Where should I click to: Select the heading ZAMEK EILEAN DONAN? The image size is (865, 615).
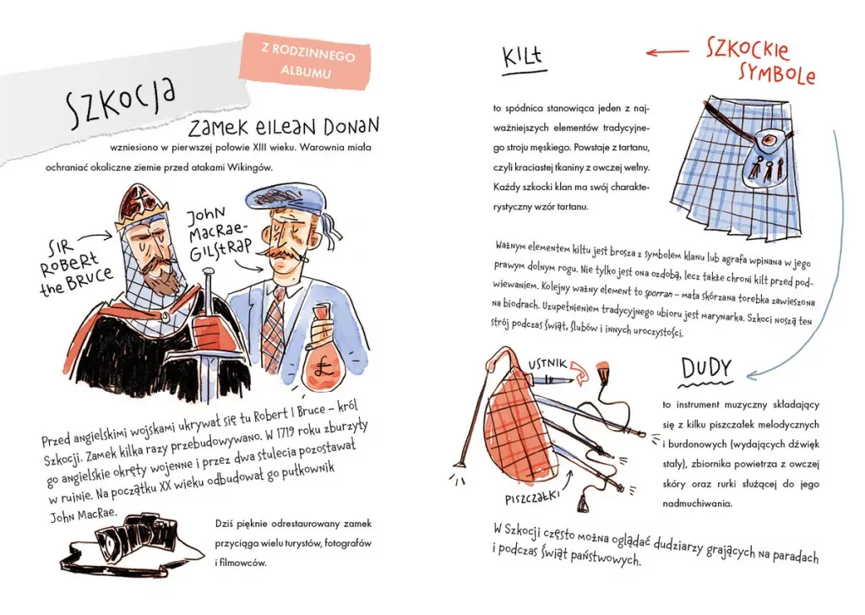pyautogui.click(x=284, y=127)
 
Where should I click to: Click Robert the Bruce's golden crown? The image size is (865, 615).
pyautogui.click(x=141, y=208)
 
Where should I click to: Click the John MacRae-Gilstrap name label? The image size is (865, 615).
pyautogui.click(x=218, y=235)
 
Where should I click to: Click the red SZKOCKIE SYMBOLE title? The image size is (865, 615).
pyautogui.click(x=761, y=62)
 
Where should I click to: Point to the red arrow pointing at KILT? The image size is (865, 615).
pyautogui.click(x=667, y=52)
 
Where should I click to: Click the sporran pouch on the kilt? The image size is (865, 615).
pyautogui.click(x=764, y=156)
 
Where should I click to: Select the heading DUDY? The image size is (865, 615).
pyautogui.click(x=706, y=369)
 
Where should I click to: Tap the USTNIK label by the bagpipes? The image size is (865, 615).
pyautogui.click(x=547, y=363)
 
